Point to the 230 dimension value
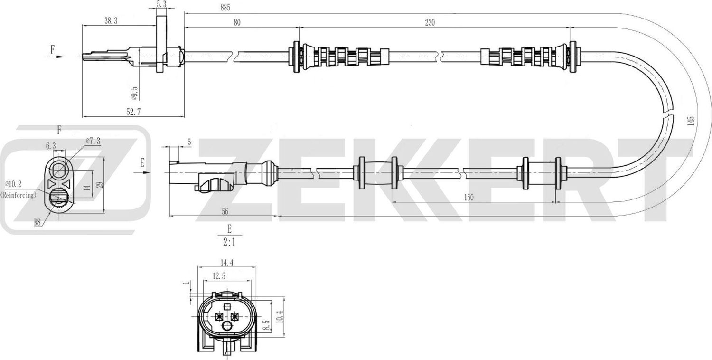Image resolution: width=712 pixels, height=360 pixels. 430,22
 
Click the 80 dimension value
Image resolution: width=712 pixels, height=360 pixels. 237,22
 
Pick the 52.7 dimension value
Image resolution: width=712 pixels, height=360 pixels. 132,112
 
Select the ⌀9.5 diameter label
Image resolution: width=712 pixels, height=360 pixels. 134,93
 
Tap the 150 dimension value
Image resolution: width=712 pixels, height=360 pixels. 468,198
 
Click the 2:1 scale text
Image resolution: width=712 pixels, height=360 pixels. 229,243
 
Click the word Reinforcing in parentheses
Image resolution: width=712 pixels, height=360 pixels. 19,195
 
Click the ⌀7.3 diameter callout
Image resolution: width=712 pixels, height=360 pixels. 93,141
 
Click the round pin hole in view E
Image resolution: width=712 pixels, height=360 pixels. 227,326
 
